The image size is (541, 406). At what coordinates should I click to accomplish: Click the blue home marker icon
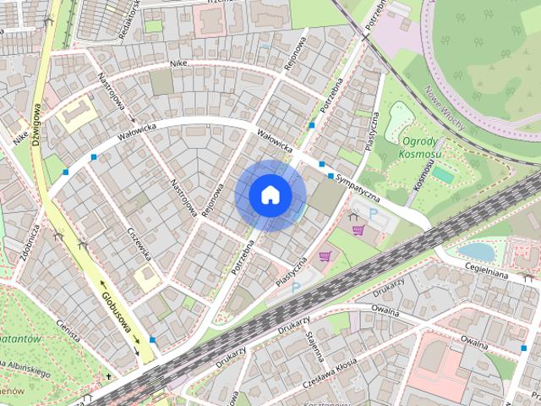click(x=270, y=195)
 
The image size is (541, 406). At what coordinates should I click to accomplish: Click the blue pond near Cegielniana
click(x=476, y=251)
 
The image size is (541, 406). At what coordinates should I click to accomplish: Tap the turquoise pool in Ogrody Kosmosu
click(x=443, y=175)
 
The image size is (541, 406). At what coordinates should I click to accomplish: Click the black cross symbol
click(x=108, y=376)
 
